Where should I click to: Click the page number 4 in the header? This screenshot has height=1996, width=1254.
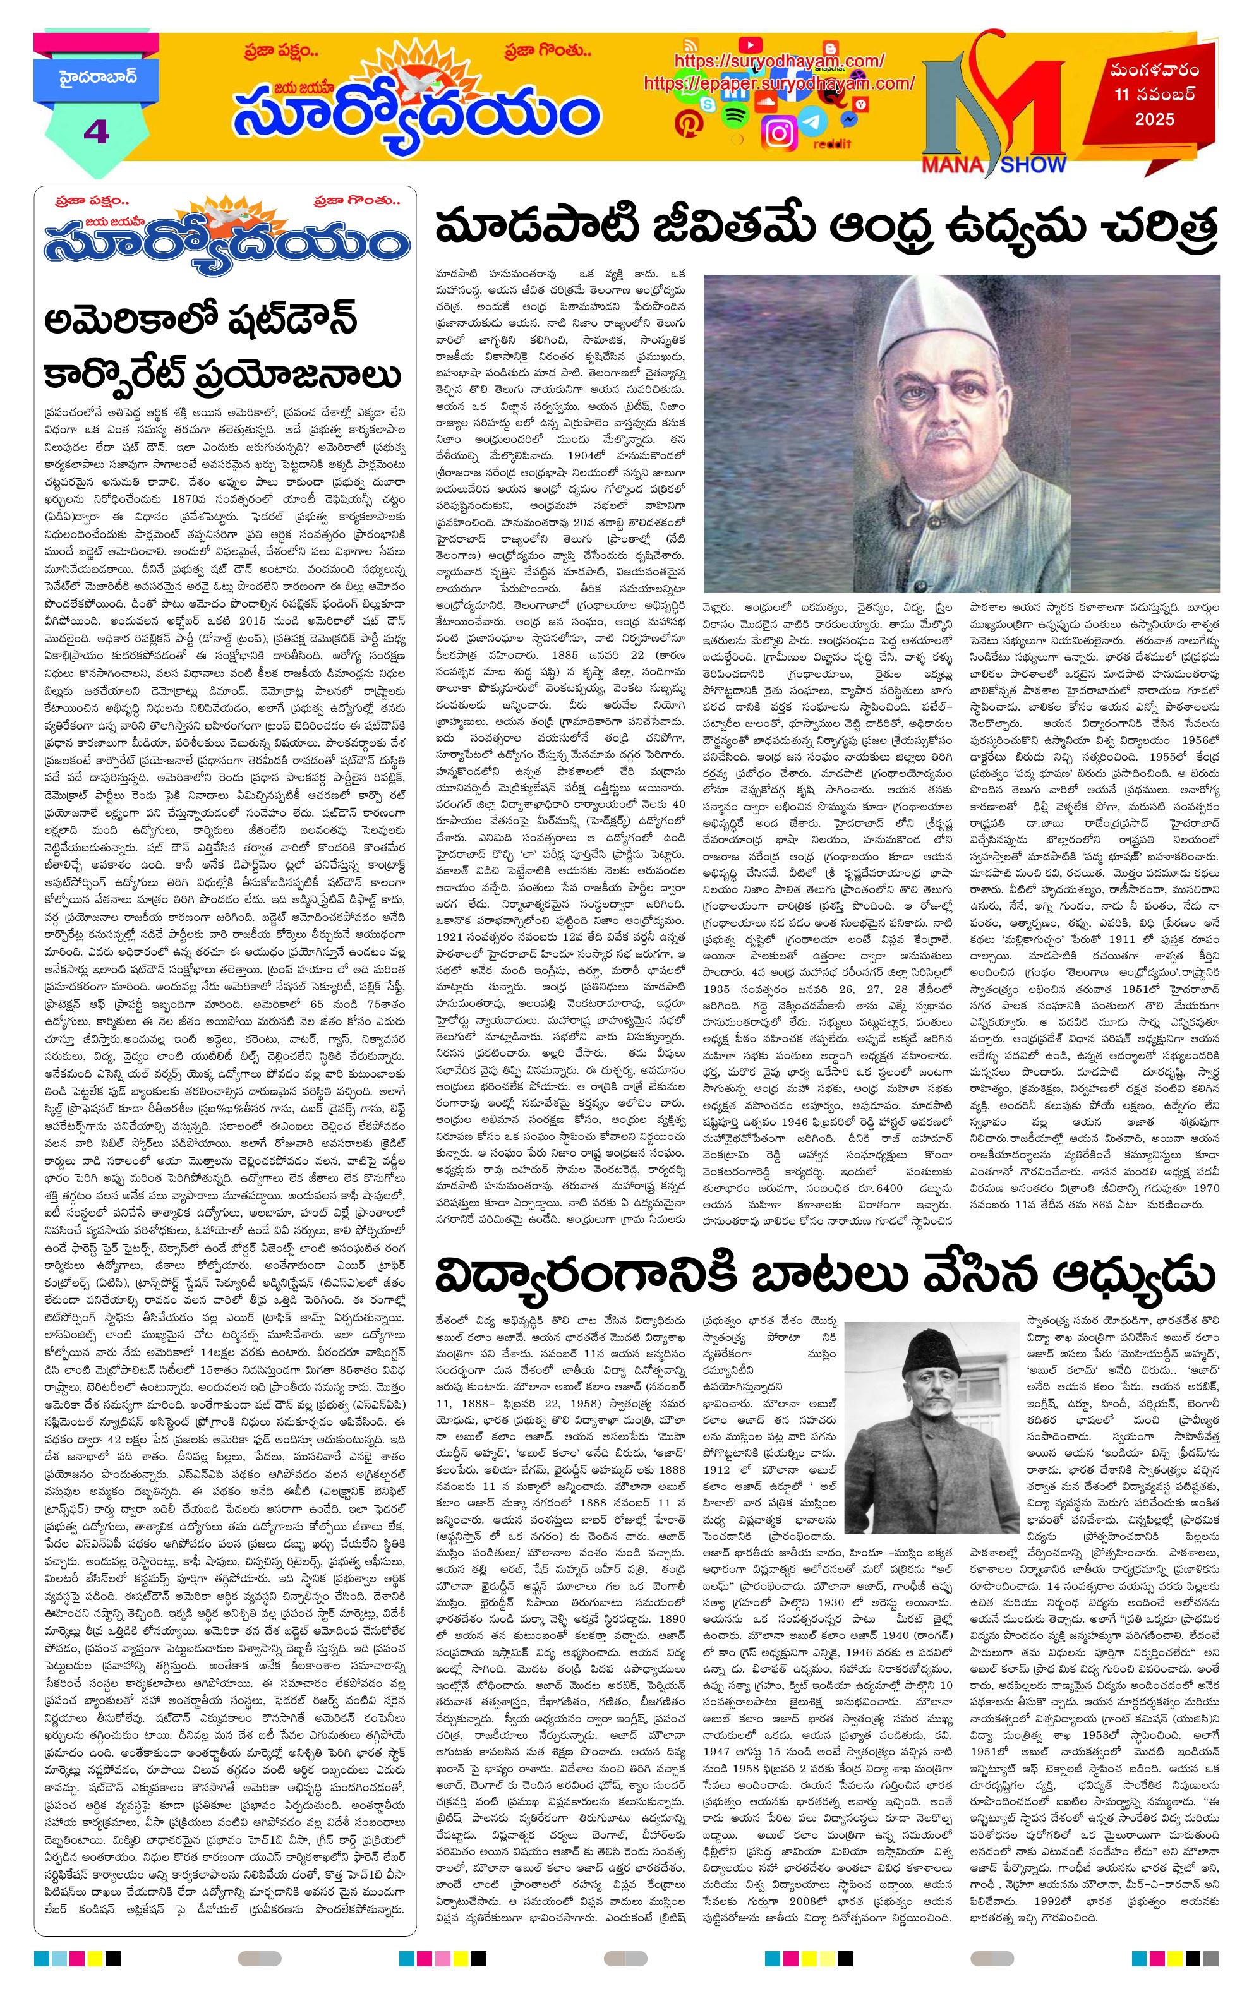point(96,131)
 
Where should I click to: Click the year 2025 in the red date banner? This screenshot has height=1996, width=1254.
point(1155,119)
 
